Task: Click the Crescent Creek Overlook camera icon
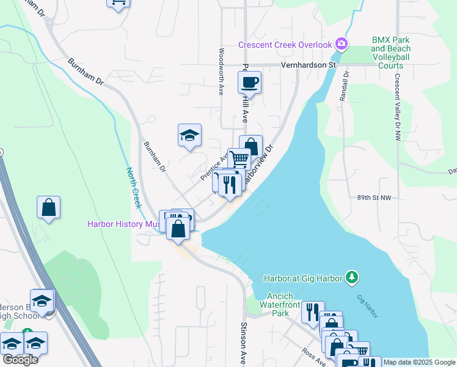click(342, 44)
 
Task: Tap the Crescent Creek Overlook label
click(285, 45)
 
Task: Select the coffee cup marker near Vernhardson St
click(249, 81)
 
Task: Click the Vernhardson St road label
click(309, 64)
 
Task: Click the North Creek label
click(134, 188)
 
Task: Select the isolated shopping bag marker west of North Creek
click(49, 207)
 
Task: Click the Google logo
click(20, 360)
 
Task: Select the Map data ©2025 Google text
click(419, 362)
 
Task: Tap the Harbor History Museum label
click(123, 224)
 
